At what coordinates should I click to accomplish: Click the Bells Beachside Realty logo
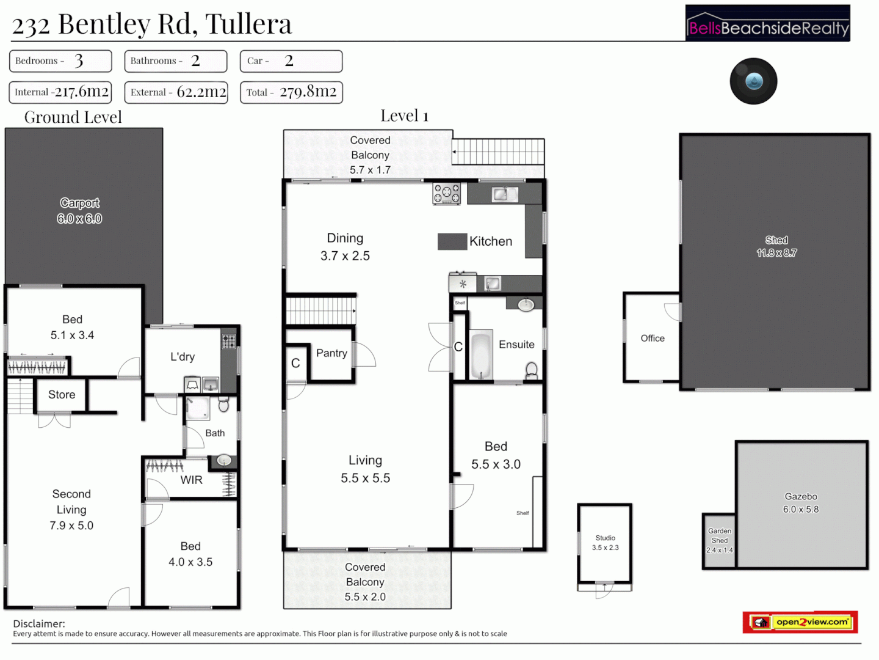(767, 24)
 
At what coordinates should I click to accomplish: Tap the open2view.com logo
(800, 622)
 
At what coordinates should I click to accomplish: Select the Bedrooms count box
(60, 61)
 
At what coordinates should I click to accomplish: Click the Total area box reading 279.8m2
(291, 92)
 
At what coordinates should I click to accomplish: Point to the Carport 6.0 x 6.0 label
(79, 211)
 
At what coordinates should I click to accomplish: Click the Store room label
(62, 395)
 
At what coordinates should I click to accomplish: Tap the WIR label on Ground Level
(191, 480)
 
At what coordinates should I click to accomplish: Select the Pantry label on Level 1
(331, 353)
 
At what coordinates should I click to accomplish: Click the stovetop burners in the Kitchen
(447, 194)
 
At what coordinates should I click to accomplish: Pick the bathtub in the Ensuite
(481, 355)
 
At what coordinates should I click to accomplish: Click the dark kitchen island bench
(452, 241)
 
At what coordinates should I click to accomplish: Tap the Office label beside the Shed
(653, 339)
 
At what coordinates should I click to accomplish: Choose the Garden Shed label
(720, 540)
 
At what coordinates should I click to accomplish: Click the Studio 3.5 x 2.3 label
(605, 543)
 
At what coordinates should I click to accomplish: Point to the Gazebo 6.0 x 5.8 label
(801, 503)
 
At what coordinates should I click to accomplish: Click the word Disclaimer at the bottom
(39, 624)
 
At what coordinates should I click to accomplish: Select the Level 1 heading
(404, 116)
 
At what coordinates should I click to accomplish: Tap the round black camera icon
(753, 81)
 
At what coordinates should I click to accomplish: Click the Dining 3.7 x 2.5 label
(345, 247)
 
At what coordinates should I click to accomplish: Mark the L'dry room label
(183, 357)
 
